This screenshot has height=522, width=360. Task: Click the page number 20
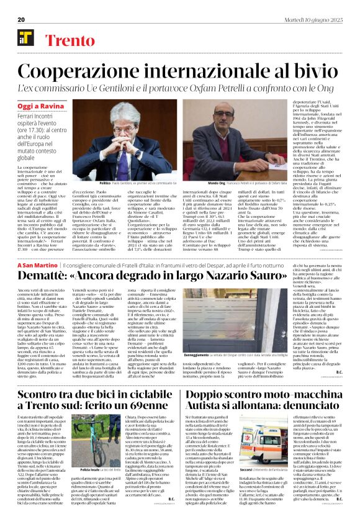(21, 19)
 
